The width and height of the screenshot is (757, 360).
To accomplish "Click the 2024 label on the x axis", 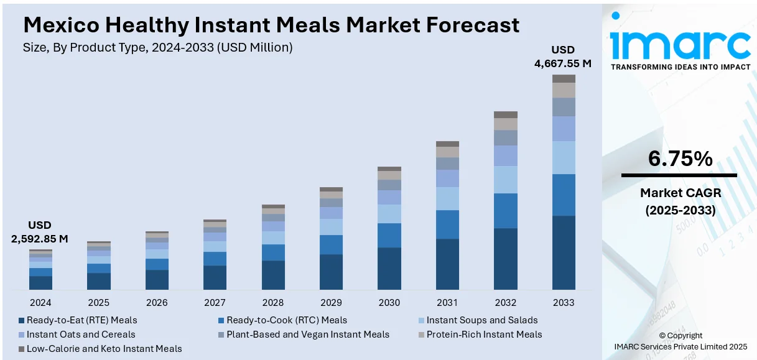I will click(x=40, y=303).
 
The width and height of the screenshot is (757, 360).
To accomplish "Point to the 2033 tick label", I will click(x=564, y=303).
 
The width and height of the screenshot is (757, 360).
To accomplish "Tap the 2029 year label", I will click(x=331, y=303).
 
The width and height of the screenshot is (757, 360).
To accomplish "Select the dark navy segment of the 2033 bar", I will click(x=564, y=252).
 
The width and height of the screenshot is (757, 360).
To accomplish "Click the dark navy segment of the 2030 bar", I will click(x=389, y=268).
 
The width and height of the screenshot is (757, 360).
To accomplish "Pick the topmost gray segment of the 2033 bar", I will click(x=564, y=78).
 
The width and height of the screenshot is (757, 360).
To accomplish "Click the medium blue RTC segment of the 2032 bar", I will click(x=506, y=211).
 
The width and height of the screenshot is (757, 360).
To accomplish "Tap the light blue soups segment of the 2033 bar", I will click(x=564, y=157).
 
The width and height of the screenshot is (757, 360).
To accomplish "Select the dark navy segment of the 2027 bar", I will click(x=215, y=277).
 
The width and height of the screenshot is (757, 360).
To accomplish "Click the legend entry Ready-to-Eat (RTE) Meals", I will click(x=81, y=320).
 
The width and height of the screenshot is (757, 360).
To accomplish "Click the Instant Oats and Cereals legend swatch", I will click(x=22, y=335).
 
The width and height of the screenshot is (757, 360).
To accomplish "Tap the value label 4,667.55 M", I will click(x=563, y=63).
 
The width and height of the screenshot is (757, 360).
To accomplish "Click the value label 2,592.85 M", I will click(x=40, y=238).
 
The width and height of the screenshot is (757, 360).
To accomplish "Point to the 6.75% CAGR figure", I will click(x=680, y=159).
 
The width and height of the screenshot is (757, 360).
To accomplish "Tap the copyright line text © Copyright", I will click(x=680, y=336).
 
